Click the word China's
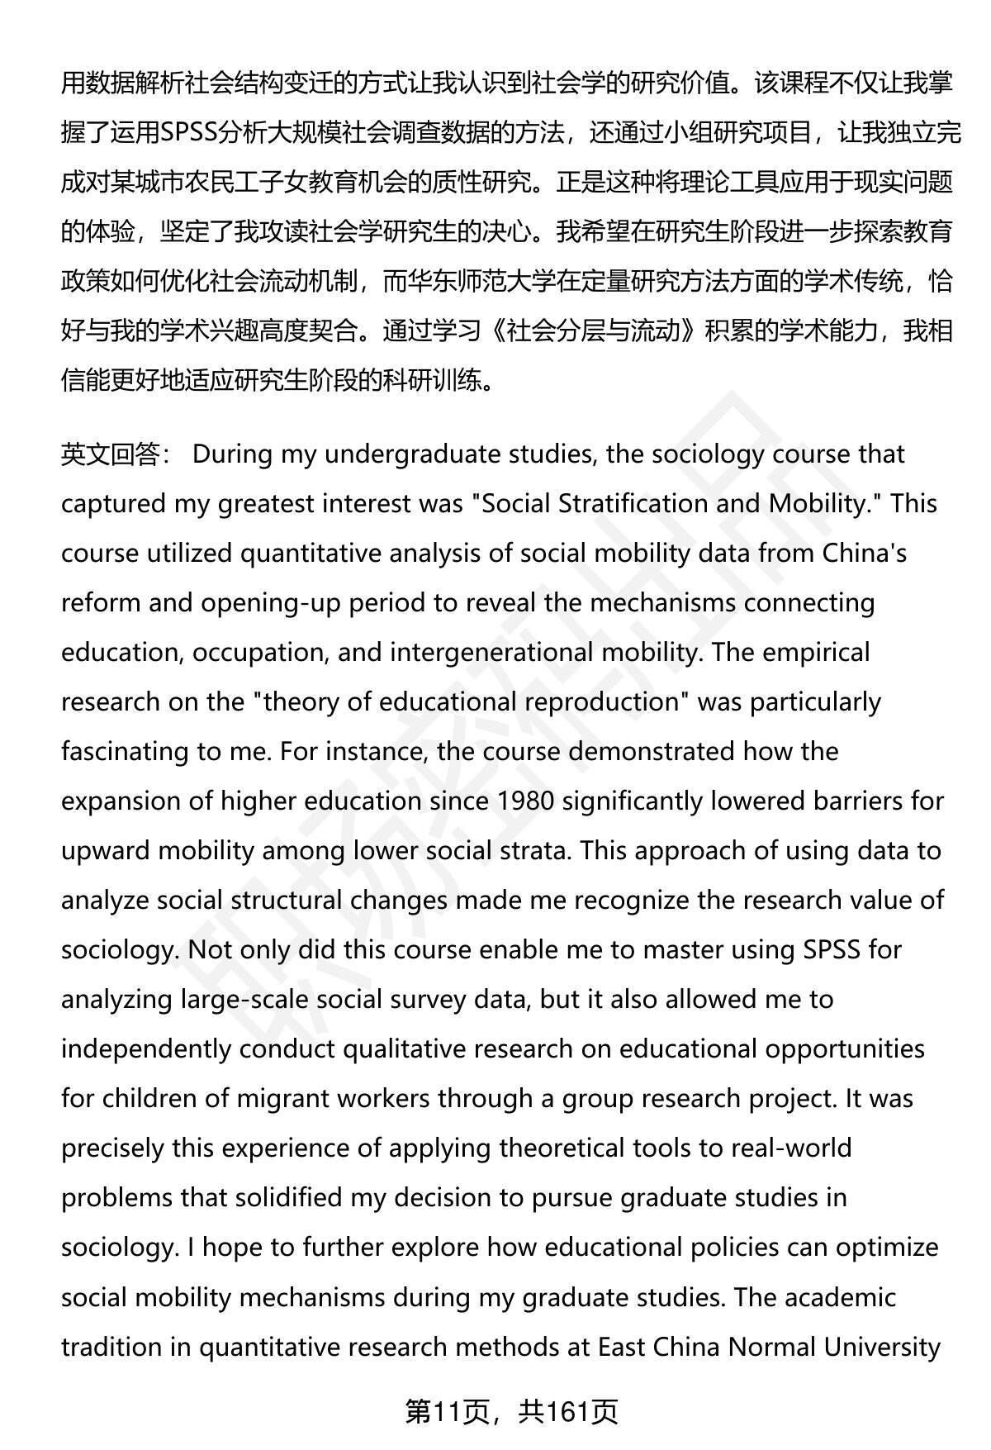[865, 554]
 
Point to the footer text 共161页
[568, 1412]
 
